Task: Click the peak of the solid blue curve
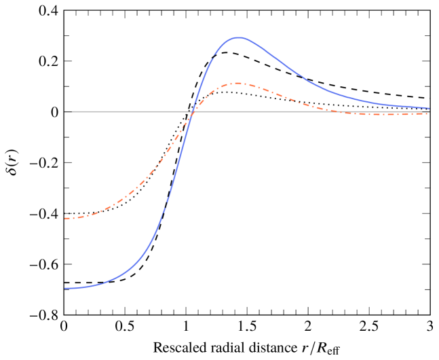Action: point(238,37)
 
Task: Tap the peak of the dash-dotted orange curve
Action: point(237,83)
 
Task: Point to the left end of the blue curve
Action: point(65,288)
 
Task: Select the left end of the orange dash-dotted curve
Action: point(65,218)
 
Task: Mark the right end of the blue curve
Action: point(429,108)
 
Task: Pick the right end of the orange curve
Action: point(429,113)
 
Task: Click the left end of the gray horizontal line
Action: point(65,111)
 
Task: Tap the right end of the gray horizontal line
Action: point(429,111)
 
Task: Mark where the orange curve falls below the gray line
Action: point(332,111)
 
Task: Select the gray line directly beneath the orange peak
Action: point(237,111)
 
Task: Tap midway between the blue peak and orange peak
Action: point(238,60)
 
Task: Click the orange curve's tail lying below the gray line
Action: point(380,114)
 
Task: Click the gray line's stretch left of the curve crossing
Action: point(122,111)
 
